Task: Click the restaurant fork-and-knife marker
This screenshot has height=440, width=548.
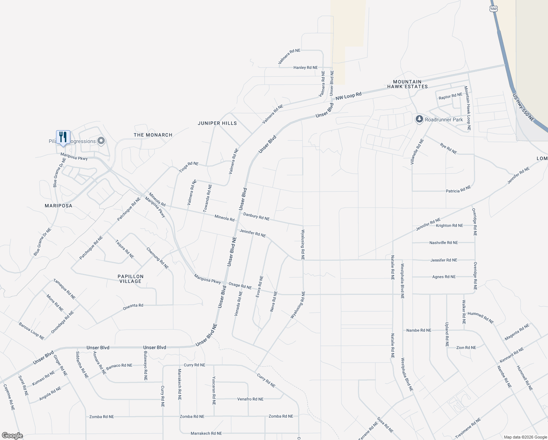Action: click(63, 137)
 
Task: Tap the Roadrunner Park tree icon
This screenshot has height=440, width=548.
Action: click(419, 119)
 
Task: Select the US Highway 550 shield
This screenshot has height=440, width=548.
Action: click(493, 9)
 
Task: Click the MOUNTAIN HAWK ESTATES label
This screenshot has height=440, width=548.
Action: click(407, 84)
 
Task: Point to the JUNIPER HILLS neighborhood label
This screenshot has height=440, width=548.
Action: click(217, 123)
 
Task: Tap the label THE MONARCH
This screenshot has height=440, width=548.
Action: click(153, 135)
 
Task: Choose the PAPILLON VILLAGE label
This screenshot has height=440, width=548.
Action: click(130, 279)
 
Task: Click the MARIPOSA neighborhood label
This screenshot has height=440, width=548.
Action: click(59, 206)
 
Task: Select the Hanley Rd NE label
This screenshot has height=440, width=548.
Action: click(306, 67)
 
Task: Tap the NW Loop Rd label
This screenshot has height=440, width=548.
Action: click(348, 95)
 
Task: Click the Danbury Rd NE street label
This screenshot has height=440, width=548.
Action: click(256, 217)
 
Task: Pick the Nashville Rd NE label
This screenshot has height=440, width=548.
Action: click(443, 242)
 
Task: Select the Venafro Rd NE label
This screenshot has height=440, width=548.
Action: click(250, 399)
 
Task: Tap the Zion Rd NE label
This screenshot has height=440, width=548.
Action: click(466, 347)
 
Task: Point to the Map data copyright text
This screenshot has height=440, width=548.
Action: click(525, 437)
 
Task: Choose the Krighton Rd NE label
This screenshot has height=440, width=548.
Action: click(449, 225)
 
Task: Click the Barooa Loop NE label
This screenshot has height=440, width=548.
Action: click(32, 331)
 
